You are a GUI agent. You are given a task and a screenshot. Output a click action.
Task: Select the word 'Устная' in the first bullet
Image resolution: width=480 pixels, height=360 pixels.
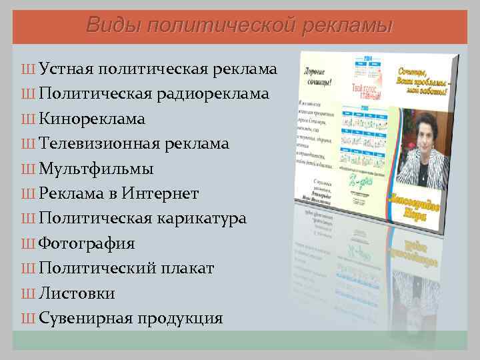tap(66, 69)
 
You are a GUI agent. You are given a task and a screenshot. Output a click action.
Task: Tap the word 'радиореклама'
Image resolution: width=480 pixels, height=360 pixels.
tap(213, 93)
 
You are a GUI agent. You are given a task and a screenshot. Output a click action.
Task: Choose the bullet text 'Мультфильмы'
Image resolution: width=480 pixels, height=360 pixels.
tap(96, 168)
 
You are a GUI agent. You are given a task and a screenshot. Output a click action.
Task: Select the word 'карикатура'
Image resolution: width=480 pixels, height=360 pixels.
tap(204, 218)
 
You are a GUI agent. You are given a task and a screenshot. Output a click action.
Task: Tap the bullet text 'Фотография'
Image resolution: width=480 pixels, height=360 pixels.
tap(87, 243)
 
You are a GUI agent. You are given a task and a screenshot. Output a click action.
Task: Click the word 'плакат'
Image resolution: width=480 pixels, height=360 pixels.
tap(187, 268)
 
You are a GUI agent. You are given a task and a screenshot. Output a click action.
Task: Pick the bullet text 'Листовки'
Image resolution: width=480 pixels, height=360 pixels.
tap(77, 293)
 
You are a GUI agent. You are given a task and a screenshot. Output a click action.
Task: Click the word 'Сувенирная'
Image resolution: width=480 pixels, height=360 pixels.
tap(85, 318)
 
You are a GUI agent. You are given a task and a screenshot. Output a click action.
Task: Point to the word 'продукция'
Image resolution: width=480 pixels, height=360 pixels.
tap(180, 318)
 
